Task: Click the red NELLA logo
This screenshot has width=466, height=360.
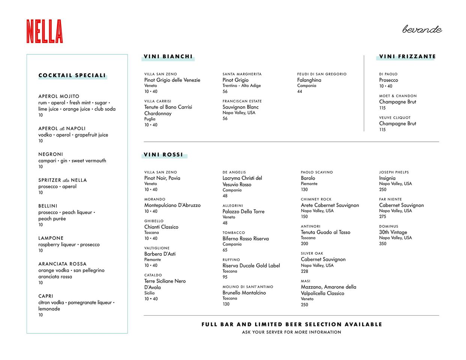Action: [45, 31]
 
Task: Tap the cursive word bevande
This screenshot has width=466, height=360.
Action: [422, 30]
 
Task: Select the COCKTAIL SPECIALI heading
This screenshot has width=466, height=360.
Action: [72, 75]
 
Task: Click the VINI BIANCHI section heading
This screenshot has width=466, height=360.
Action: [168, 57]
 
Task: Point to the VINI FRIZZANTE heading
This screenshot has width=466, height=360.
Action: [407, 57]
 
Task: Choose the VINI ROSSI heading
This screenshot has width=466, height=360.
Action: [164, 154]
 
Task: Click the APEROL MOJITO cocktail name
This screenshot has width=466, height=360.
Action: [59, 96]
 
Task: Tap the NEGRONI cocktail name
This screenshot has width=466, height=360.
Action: [51, 154]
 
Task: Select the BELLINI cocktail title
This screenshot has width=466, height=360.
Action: [48, 206]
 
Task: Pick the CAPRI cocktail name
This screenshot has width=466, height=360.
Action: [46, 296]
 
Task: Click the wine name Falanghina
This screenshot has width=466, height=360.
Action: [309, 80]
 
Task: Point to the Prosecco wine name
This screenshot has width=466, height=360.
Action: [388, 80]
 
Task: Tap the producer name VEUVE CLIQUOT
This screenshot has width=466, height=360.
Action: [395, 117]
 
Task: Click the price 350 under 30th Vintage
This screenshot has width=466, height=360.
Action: [382, 244]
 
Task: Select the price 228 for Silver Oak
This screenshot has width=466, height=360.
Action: [304, 271]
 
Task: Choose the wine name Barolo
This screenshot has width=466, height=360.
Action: [308, 178]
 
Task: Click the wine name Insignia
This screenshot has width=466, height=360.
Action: [387, 178]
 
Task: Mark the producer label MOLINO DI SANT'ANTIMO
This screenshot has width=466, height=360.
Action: [248, 287]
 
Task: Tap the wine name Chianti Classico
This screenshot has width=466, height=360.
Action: [161, 227]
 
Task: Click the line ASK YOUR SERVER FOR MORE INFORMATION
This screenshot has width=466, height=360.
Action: [292, 332]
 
